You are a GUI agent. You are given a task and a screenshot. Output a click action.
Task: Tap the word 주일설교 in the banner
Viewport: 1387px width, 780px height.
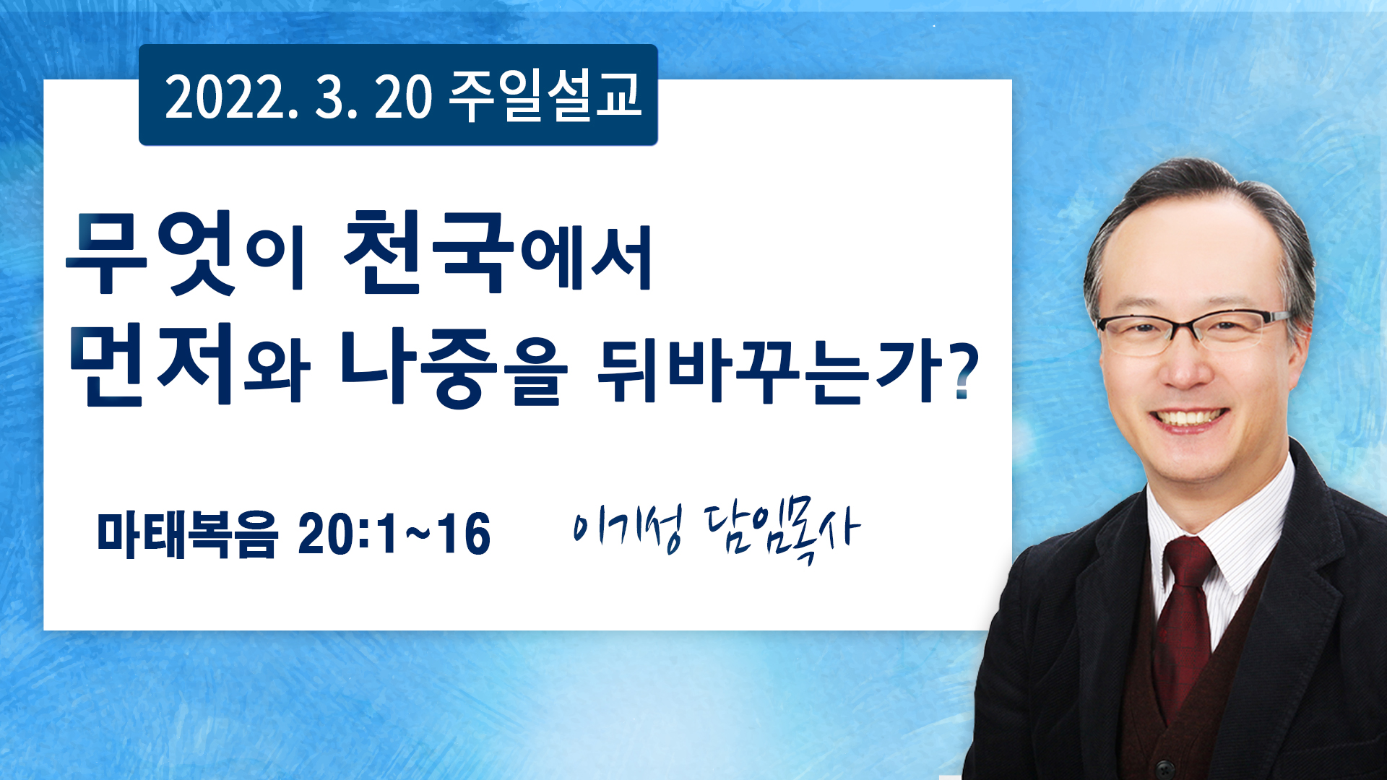coord(545,95)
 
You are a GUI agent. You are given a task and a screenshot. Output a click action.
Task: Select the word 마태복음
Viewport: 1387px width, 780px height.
coord(187,534)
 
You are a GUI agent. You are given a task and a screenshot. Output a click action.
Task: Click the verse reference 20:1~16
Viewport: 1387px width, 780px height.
coord(394,534)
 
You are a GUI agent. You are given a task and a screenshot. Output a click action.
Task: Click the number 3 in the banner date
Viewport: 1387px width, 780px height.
coord(329,97)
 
